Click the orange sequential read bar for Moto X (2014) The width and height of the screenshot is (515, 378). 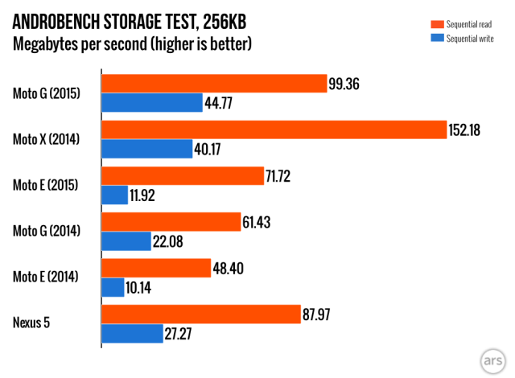tap(274, 129)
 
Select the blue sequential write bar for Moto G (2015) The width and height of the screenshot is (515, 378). tap(151, 102)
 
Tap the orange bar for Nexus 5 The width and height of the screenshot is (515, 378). tap(201, 313)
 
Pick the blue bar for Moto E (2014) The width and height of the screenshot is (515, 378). tap(112, 287)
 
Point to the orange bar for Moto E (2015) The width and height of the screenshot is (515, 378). tap(183, 175)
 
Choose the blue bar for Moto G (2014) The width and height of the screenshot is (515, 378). tap(126, 241)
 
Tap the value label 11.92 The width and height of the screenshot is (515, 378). tap(148, 195)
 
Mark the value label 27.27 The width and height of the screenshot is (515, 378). tap(183, 333)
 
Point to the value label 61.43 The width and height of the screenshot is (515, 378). tap(258, 221)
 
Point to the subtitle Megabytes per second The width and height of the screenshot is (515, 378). tap(80, 43)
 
